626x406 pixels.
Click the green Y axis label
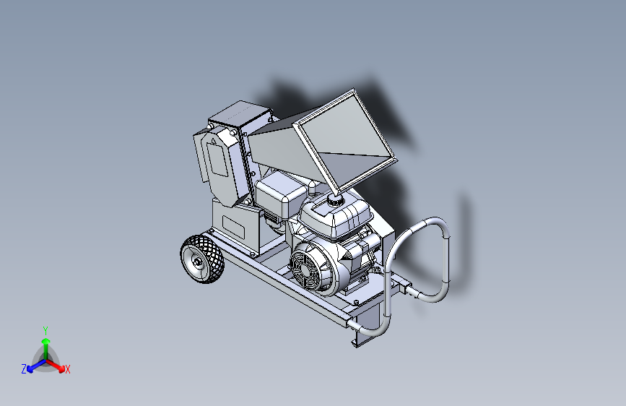45,330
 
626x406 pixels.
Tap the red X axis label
67,369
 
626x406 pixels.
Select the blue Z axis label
24,369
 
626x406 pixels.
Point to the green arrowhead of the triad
46,341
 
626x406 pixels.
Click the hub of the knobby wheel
198,262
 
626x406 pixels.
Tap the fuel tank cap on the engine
335,198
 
